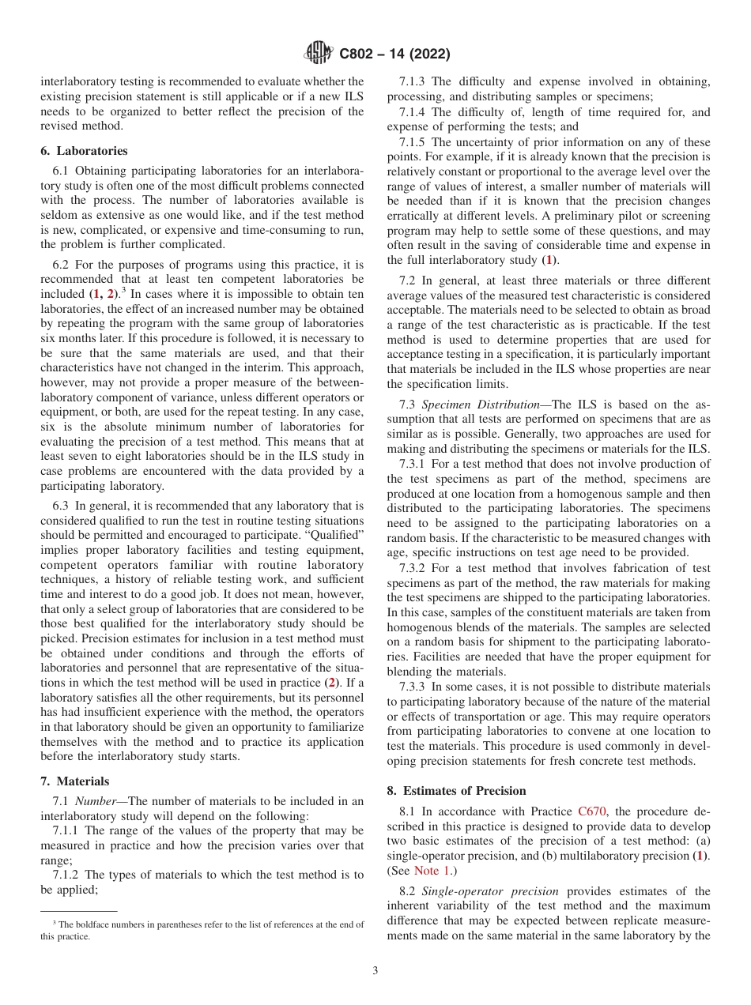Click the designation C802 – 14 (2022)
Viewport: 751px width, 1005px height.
394,55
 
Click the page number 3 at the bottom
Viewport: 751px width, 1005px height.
375,970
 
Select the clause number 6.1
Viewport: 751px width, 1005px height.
61,171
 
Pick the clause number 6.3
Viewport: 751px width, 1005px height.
61,506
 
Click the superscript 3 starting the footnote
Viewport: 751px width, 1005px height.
55,922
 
